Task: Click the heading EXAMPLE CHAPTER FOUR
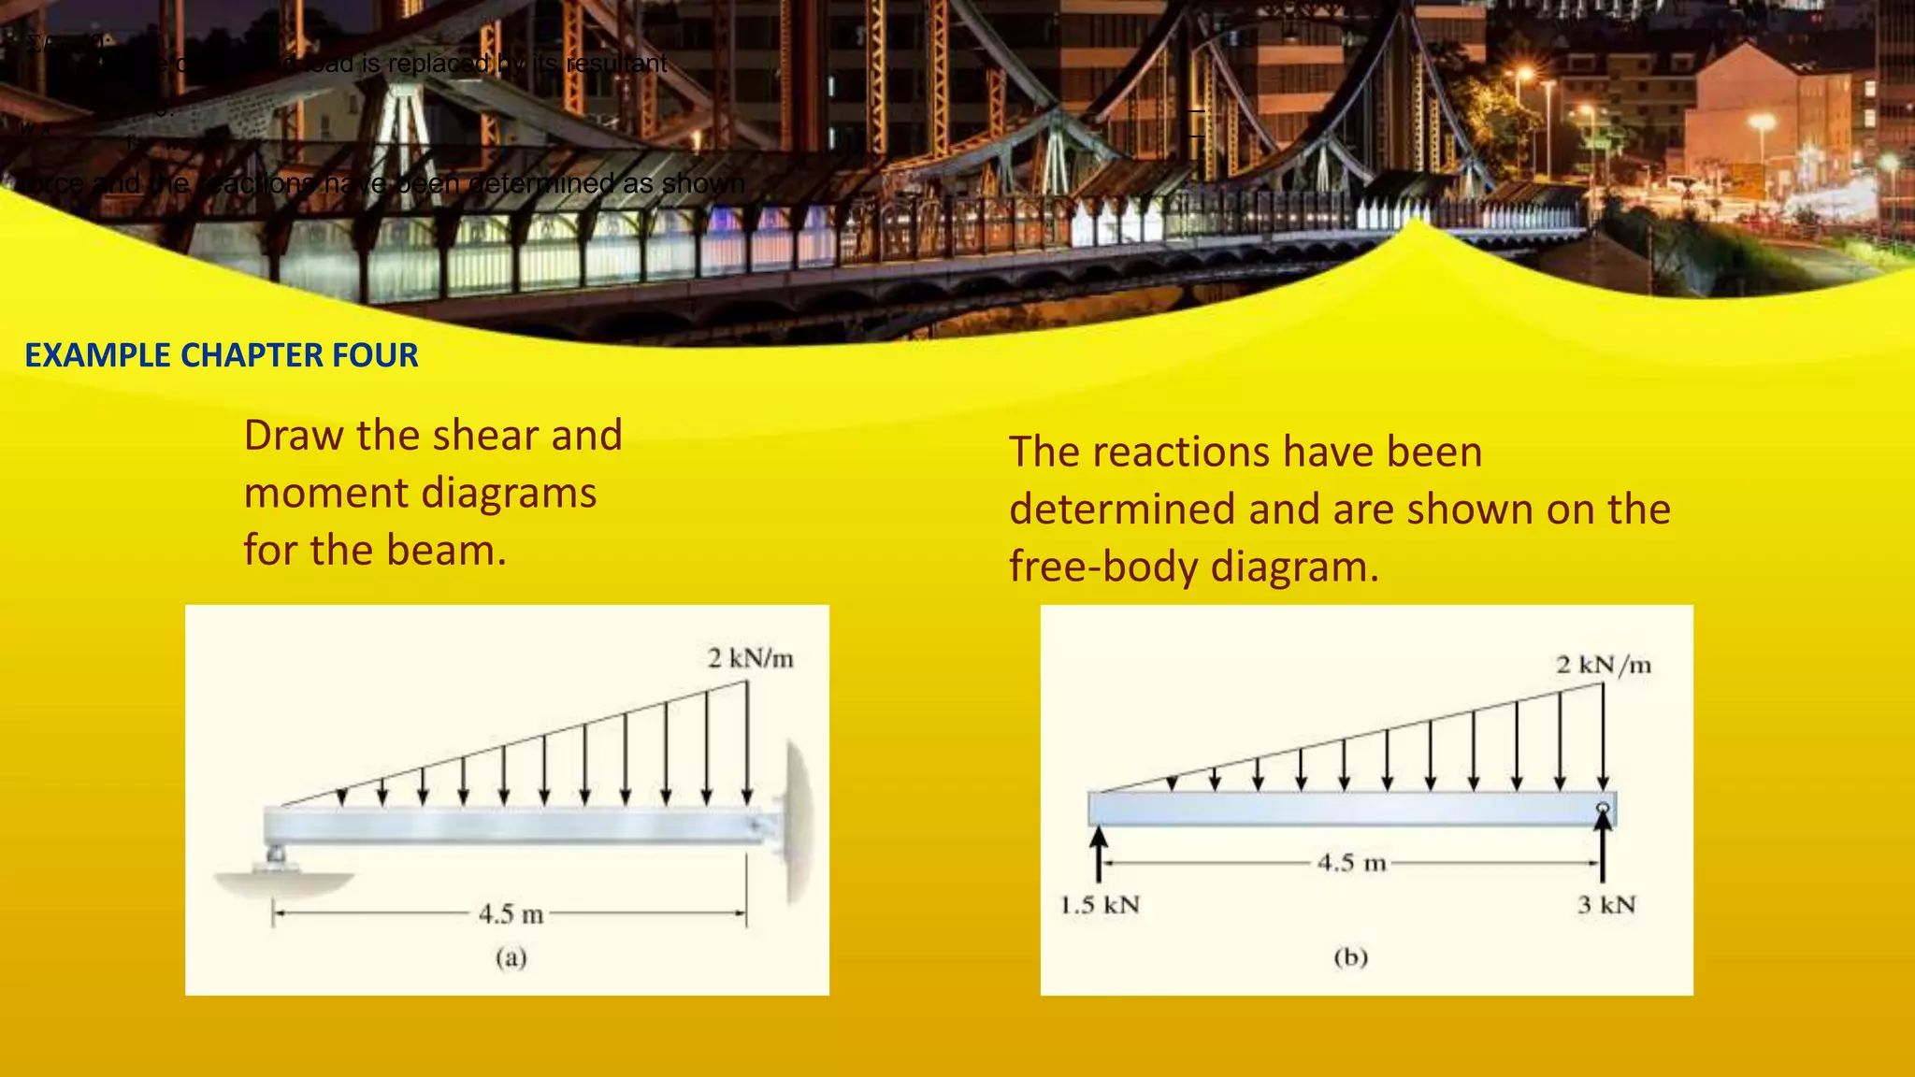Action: [x=222, y=355]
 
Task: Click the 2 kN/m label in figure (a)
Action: [x=750, y=659]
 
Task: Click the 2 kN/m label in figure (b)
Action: [x=1603, y=665]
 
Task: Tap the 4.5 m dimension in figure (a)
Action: [x=511, y=913]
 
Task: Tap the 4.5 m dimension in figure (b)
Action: [x=1351, y=862]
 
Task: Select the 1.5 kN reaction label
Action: [x=1100, y=905]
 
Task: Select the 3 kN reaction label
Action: [x=1606, y=905]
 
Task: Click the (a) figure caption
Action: [x=511, y=957]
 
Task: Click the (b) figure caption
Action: [x=1350, y=957]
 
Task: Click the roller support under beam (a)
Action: [x=277, y=856]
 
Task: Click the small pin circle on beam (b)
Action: [x=1603, y=808]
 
